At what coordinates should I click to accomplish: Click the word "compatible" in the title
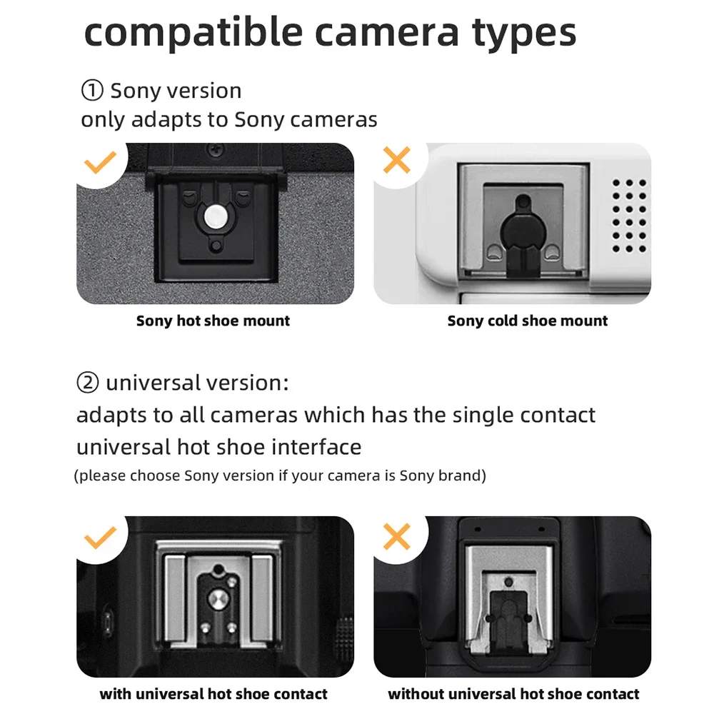(193, 33)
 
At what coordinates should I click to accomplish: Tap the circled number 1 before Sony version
(92, 90)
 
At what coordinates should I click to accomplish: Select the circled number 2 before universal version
(87, 382)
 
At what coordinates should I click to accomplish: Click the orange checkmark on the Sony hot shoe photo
(100, 163)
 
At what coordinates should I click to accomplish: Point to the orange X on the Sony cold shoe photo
(396, 160)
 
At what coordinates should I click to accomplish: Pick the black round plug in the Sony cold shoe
(523, 227)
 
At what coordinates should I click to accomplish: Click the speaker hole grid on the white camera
(629, 216)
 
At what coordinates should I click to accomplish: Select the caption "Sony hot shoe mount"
(213, 321)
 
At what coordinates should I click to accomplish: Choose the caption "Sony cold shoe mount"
(528, 321)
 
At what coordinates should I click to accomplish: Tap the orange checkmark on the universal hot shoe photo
(100, 538)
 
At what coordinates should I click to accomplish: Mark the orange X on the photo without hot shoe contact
(396, 536)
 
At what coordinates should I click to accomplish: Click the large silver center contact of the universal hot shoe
(218, 599)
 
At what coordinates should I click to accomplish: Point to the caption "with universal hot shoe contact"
(213, 694)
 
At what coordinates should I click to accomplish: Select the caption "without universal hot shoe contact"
(513, 694)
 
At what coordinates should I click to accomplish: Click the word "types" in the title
(524, 34)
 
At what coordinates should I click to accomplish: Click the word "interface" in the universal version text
(317, 447)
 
